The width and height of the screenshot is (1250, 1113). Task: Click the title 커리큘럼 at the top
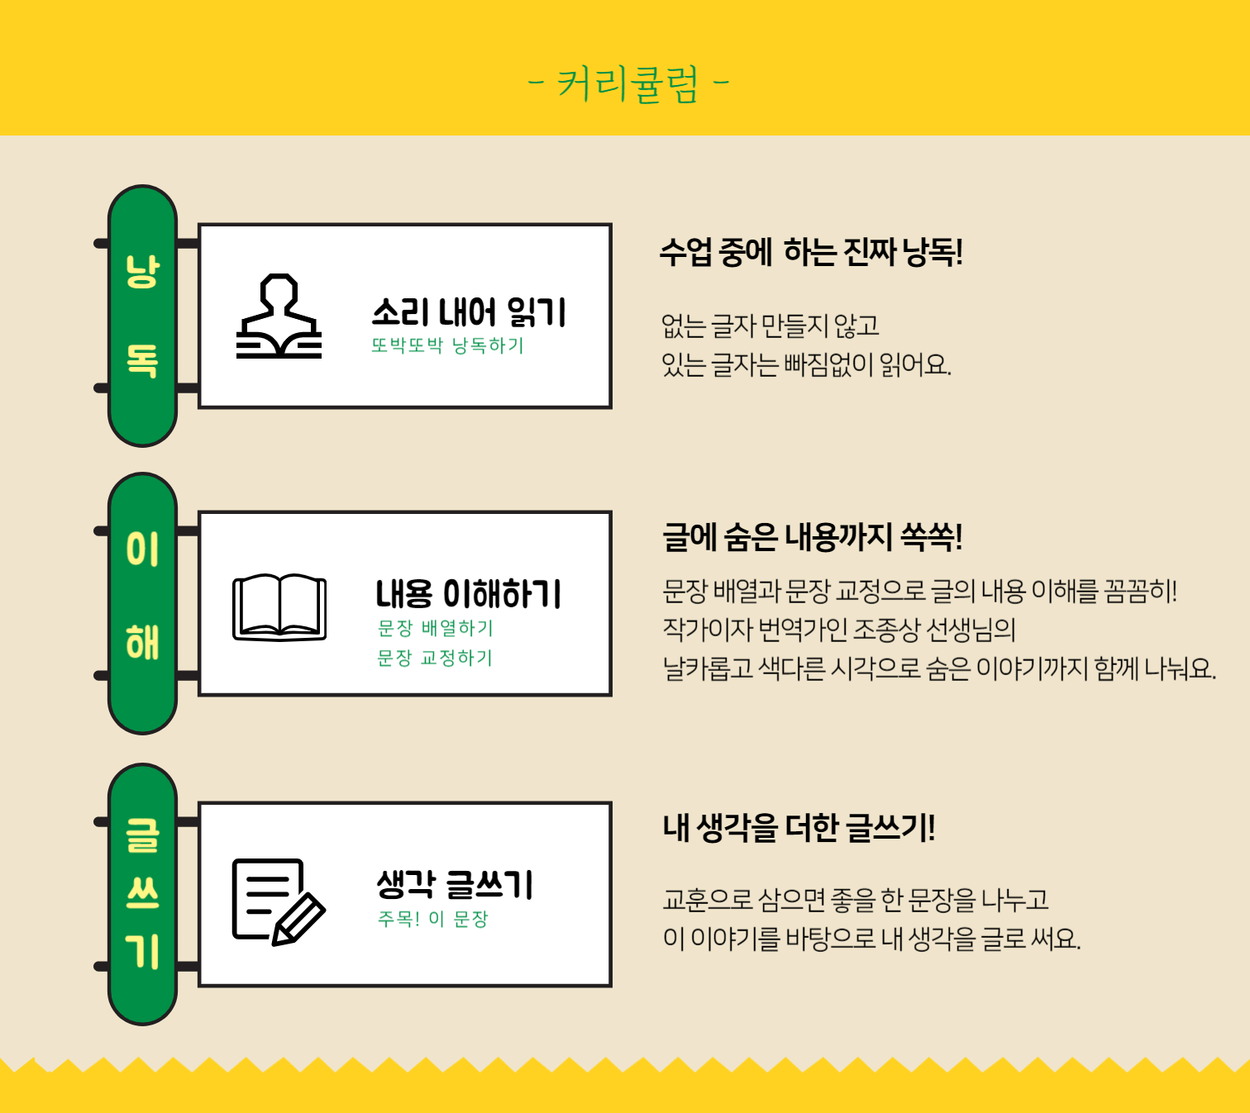pyautogui.click(x=627, y=83)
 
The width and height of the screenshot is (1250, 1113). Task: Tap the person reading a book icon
pyautogui.click(x=279, y=316)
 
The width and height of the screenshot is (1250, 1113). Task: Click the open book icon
pyautogui.click(x=279, y=607)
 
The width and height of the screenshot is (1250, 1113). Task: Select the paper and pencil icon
pyautogui.click(x=279, y=902)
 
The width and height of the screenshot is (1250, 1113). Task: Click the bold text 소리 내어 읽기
pyautogui.click(x=469, y=312)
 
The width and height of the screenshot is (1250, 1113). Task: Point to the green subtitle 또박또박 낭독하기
pyautogui.click(x=447, y=345)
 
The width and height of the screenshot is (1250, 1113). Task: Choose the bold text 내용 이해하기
pyautogui.click(x=468, y=594)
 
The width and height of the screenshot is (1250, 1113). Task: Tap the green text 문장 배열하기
pyautogui.click(x=435, y=628)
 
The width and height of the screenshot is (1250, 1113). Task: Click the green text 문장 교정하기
pyautogui.click(x=434, y=658)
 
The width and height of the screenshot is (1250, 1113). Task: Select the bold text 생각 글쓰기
pyautogui.click(x=455, y=884)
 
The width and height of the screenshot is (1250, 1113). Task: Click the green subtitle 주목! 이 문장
pyautogui.click(x=432, y=919)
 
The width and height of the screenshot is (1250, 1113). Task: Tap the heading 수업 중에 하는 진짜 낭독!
pyautogui.click(x=811, y=253)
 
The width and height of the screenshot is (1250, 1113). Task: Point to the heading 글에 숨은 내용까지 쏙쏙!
pyautogui.click(x=812, y=537)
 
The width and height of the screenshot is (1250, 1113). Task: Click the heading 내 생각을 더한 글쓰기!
pyautogui.click(x=799, y=828)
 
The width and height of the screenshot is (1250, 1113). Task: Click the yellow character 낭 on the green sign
pyautogui.click(x=142, y=271)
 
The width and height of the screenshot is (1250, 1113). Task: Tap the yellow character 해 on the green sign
pyautogui.click(x=142, y=643)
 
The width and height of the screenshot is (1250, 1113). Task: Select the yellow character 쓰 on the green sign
pyautogui.click(x=142, y=893)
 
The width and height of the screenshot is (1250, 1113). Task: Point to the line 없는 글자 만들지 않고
pyautogui.click(x=770, y=326)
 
